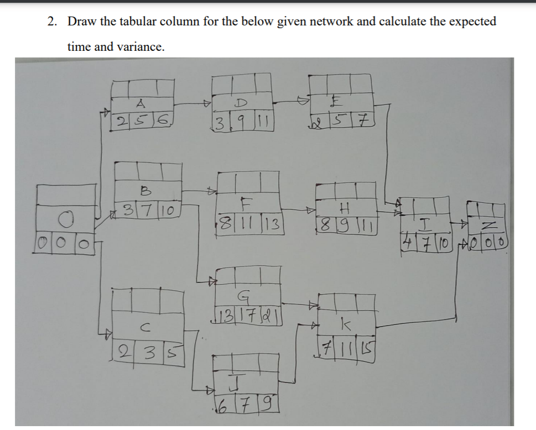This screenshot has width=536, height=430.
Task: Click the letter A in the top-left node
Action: tap(140, 103)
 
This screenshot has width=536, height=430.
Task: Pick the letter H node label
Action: tap(346, 209)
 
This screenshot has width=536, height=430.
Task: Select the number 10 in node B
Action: tap(169, 211)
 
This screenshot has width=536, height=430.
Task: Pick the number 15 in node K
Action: tap(367, 349)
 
